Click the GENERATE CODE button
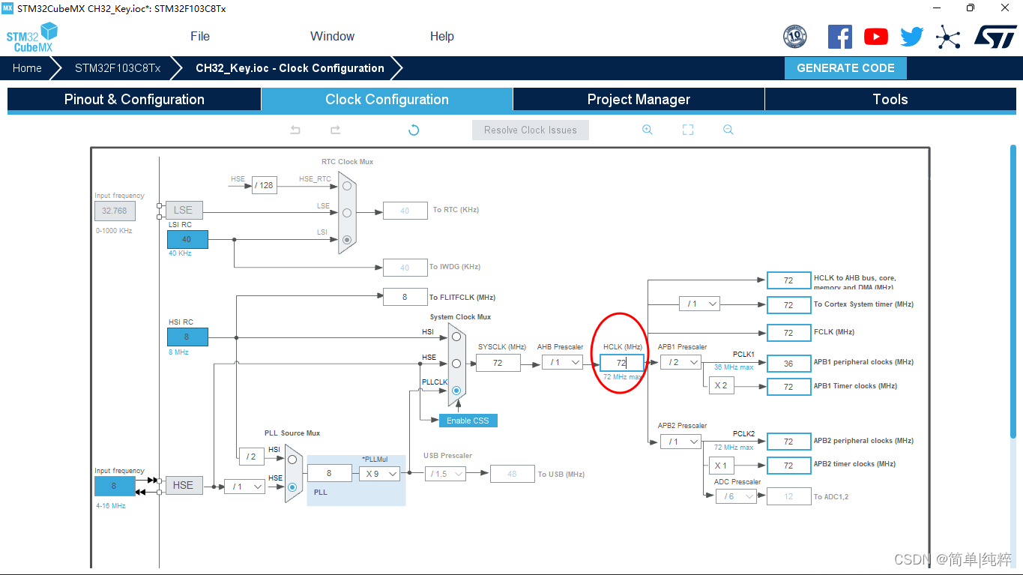pos(845,68)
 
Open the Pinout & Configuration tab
pos(134,100)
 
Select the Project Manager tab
pos(639,100)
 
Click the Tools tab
pos(890,100)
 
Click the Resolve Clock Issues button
pos(531,130)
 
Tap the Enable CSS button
pos(468,421)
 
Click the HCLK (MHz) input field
pos(621,363)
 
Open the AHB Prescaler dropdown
pos(563,363)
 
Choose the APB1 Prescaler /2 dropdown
pos(681,363)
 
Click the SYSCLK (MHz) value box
pos(498,363)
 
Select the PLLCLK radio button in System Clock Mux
pos(456,391)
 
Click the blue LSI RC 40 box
pos(187,240)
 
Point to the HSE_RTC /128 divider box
pos(264,185)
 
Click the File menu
pos(200,36)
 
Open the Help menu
pos(441,36)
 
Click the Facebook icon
pos(839,37)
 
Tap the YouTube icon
pos(875,37)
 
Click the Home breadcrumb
pos(27,68)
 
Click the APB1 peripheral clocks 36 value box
pos(788,363)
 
